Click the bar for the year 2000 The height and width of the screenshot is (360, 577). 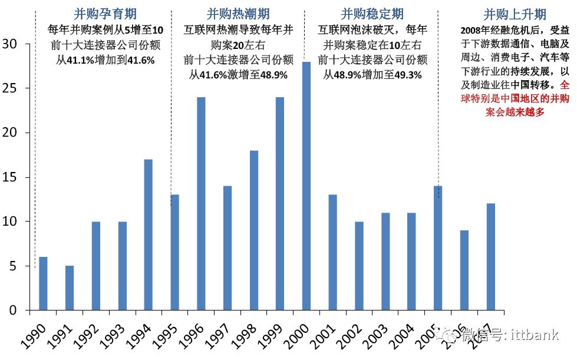click(x=306, y=186)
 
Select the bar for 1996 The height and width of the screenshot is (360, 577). click(x=201, y=203)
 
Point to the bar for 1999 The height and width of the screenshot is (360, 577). click(x=280, y=203)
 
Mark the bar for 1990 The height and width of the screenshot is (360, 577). click(x=43, y=283)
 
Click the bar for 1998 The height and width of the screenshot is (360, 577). click(x=253, y=230)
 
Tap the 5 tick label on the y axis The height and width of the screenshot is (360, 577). click(x=13, y=266)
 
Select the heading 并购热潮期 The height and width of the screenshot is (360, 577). click(x=238, y=14)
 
